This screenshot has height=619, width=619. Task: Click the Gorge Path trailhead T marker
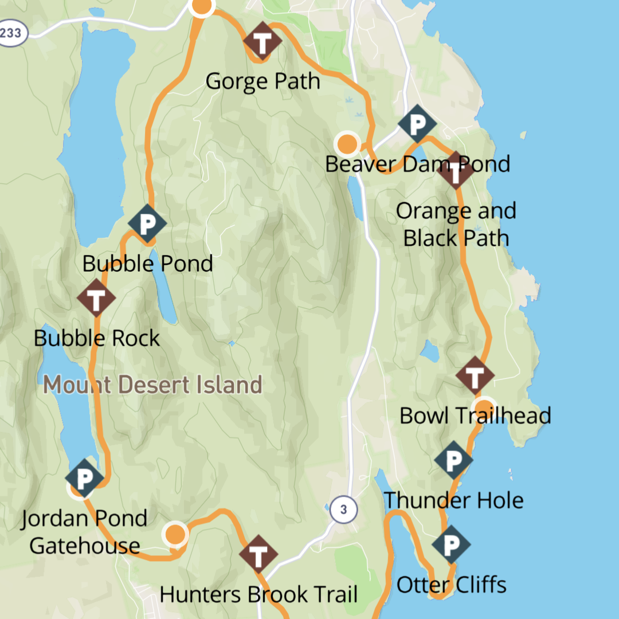coord(262,41)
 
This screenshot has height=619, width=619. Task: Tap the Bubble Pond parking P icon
coord(147,223)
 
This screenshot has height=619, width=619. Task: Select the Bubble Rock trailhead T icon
coord(96,298)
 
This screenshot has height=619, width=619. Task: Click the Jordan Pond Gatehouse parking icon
coord(84,477)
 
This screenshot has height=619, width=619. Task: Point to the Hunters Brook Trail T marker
coord(258,554)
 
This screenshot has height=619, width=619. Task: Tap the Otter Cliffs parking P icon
coord(451,544)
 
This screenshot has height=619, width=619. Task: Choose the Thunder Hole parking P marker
coord(453,460)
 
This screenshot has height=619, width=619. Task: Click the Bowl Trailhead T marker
coord(475,375)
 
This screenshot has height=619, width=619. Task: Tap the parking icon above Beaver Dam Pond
coord(417,123)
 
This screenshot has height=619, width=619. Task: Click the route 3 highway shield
coord(343,509)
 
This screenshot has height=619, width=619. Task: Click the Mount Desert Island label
coord(153,385)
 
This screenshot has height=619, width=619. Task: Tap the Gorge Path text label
coord(263,81)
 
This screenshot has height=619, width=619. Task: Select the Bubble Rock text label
coord(97,338)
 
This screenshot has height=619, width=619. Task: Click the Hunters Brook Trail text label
coord(258,594)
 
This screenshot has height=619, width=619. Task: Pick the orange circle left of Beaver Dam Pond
coord(347,144)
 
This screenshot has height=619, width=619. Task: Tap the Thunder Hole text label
coord(453,500)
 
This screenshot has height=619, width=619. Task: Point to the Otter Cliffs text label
coord(452,585)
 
